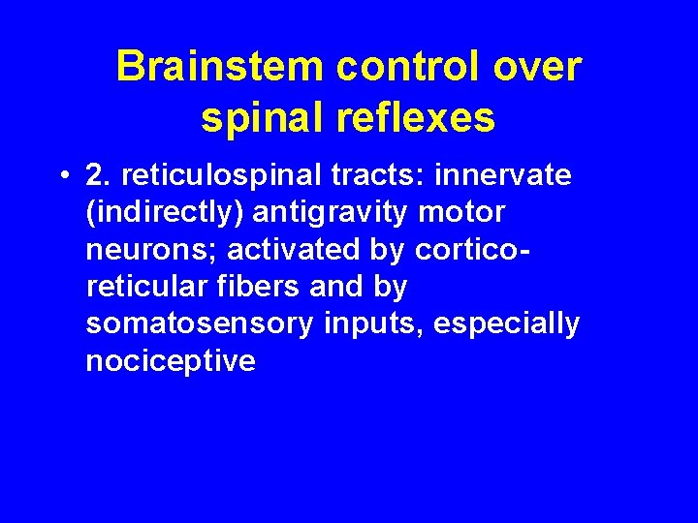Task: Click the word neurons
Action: click(x=138, y=250)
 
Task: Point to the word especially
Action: click(x=506, y=323)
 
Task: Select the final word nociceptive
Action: click(x=171, y=360)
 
